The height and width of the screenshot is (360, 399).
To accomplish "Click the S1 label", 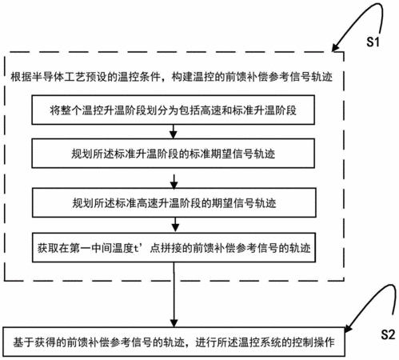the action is (373, 42).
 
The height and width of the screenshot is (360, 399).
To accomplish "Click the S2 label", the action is (388, 334).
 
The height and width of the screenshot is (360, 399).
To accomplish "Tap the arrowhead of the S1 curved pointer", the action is (335, 48).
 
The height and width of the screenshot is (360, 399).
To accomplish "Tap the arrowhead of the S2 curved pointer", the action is (348, 329).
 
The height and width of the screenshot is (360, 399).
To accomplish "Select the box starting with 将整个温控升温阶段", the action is (174, 110).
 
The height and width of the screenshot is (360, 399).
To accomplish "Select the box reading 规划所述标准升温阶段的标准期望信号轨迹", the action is (174, 154).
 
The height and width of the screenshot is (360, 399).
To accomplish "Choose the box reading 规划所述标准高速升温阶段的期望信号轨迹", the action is (174, 202).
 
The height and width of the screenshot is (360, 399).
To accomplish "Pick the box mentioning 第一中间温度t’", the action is (174, 248).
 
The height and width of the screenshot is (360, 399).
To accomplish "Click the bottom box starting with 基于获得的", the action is (174, 342).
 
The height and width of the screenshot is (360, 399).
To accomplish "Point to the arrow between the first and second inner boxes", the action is (174, 131).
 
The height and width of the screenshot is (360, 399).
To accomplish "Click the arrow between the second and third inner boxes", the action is (174, 182).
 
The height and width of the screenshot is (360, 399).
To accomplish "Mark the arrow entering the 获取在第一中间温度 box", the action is (175, 225).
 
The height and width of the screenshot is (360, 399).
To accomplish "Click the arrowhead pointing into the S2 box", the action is (174, 323).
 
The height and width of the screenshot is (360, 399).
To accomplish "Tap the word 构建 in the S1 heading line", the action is (182, 77).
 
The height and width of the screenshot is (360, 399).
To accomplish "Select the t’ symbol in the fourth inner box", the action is (138, 248).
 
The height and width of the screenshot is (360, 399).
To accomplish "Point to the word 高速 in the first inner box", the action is (211, 110).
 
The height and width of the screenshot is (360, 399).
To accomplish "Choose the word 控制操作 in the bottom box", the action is (313, 342).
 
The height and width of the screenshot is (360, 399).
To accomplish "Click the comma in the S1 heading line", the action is (164, 79).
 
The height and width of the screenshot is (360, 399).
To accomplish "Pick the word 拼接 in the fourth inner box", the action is (171, 248).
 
